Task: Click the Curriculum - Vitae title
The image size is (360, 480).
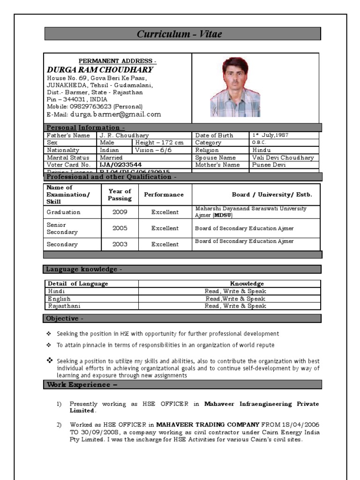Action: [x=179, y=34]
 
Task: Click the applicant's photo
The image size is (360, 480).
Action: [x=235, y=87]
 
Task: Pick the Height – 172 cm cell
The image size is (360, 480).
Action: [x=159, y=142]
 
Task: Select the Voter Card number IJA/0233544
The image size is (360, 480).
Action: [x=120, y=165]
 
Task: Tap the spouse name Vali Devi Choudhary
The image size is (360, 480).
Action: [x=283, y=157]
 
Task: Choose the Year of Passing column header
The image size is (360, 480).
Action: [x=120, y=195]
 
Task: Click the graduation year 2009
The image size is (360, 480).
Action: [x=120, y=212]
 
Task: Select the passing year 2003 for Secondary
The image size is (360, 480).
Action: [x=120, y=244]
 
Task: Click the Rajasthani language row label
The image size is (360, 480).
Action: [x=64, y=306]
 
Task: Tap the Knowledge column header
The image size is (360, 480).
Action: [x=247, y=284]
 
